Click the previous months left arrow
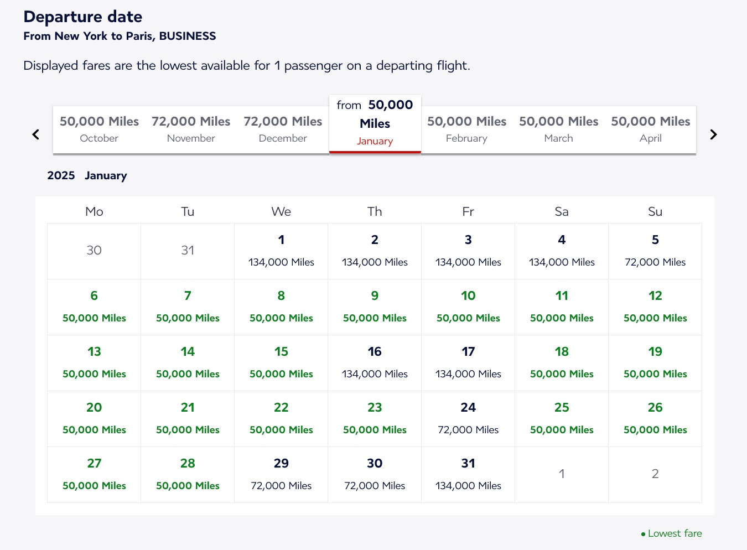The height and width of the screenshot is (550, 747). coord(36,134)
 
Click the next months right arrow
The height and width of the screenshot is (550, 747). coord(713,134)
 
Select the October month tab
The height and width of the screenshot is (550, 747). coord(99,129)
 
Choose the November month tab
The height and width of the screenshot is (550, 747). coord(191,129)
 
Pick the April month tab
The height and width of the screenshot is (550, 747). coord(650,129)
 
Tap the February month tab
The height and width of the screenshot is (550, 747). coord(466,129)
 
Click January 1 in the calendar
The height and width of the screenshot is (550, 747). coord(281,251)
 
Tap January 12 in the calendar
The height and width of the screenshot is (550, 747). coord(655,307)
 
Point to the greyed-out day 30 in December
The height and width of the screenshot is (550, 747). coord(94,251)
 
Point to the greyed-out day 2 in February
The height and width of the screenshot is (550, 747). coord(655,474)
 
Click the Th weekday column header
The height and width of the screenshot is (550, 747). coord(375,211)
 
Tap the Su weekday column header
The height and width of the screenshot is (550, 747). coord(655,211)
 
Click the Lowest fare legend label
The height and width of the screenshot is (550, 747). coord(674,533)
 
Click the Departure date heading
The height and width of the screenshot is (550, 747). coord(83,17)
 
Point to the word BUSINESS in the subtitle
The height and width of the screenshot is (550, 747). coord(188,37)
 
